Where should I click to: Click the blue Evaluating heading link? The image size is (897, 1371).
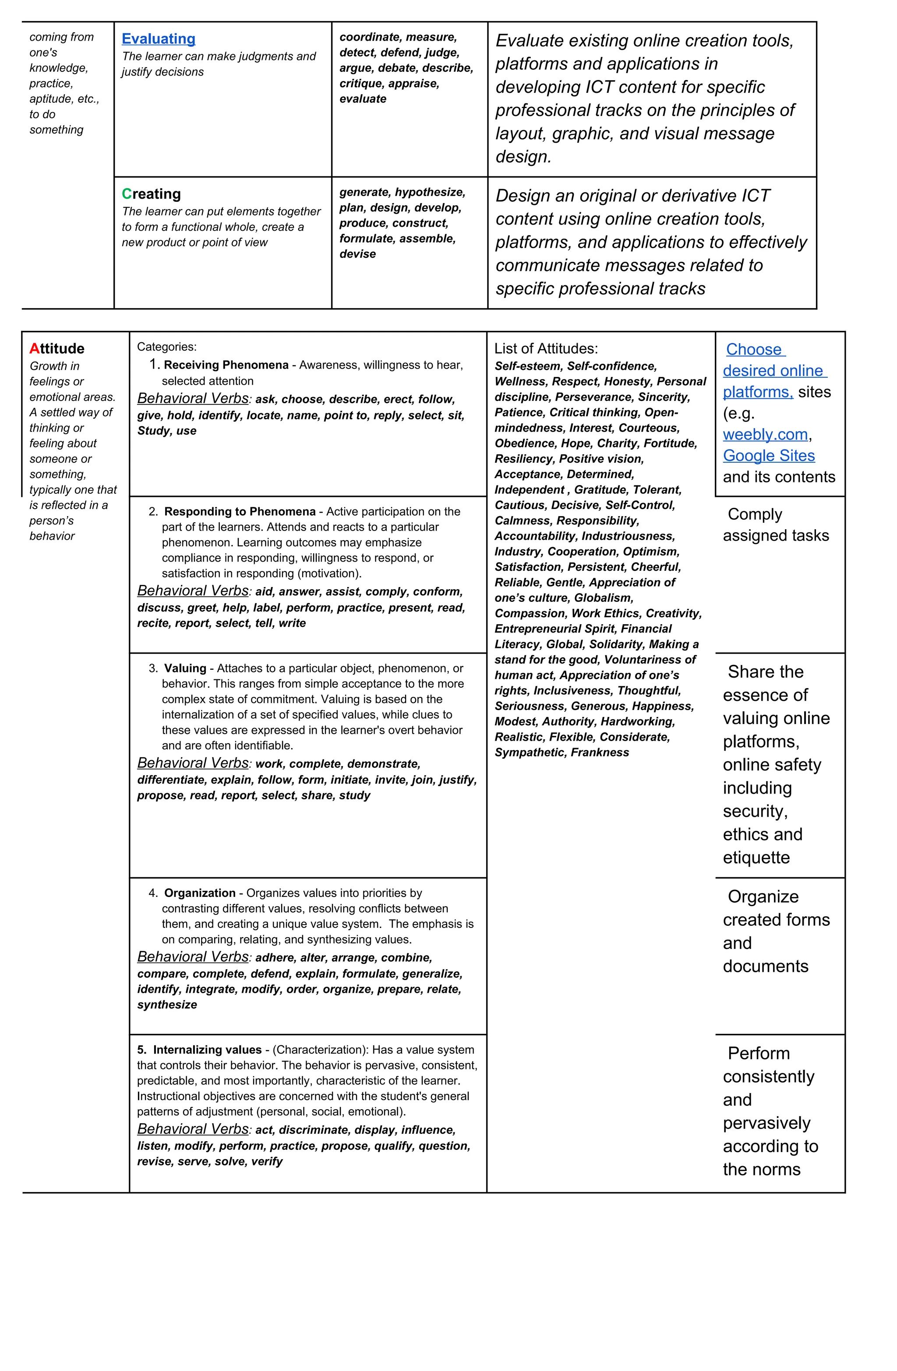158,39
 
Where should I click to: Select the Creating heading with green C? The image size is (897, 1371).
151,193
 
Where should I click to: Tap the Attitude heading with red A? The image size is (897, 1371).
57,348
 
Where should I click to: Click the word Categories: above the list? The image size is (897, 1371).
166,347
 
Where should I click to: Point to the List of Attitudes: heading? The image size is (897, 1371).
545,348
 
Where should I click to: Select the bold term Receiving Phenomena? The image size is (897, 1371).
226,365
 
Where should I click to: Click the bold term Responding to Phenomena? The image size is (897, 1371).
240,512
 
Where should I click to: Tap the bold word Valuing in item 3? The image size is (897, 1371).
185,668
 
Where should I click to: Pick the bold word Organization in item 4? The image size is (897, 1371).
199,893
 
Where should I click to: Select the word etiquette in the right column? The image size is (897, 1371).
756,858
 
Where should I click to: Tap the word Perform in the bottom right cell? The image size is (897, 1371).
759,1054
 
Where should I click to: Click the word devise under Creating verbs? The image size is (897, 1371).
357,254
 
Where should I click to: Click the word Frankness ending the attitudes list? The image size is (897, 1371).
600,752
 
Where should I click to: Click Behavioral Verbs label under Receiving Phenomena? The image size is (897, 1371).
193,399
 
